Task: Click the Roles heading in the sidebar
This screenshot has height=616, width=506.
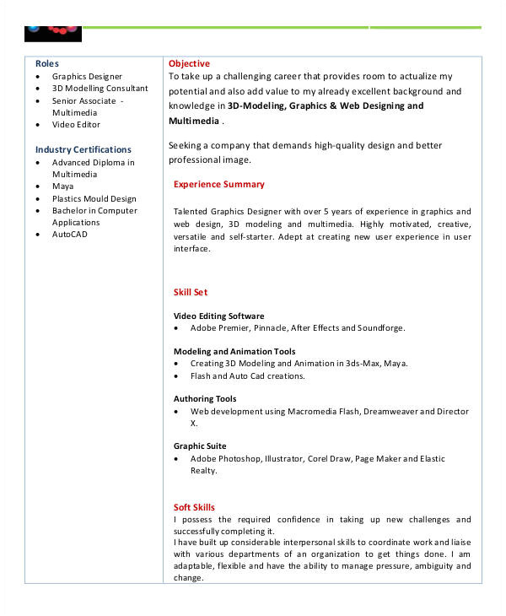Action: [x=47, y=64]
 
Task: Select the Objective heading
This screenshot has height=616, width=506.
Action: [x=189, y=64]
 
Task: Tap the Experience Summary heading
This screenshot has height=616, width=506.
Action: [x=218, y=184]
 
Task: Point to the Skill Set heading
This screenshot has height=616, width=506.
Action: [x=190, y=292]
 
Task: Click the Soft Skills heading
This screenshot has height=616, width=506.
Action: [x=194, y=507]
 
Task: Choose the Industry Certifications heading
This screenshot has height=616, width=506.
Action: [x=83, y=149]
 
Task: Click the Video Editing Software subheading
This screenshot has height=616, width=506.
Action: [x=218, y=316]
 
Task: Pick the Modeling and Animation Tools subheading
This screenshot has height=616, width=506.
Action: [x=234, y=351]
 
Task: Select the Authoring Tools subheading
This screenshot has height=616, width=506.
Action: [x=205, y=398]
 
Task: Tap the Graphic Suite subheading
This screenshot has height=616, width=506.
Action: [x=200, y=446]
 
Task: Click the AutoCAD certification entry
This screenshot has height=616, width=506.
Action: [x=69, y=235]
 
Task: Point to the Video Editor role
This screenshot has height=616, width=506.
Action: [x=76, y=125]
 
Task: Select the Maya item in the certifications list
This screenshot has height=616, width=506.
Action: [x=62, y=186]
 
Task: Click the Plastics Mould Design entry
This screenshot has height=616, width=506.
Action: [x=94, y=199]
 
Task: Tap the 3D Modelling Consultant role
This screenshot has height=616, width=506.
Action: [x=100, y=89]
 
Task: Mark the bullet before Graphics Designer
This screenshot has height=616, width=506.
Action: [x=39, y=77]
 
